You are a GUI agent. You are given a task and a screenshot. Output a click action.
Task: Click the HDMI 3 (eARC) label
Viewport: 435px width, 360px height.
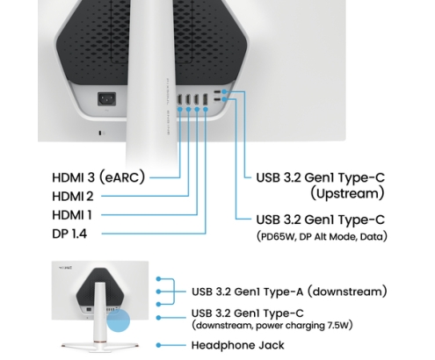coord(98,177)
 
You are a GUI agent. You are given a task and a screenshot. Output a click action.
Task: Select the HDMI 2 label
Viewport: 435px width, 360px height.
coord(73,196)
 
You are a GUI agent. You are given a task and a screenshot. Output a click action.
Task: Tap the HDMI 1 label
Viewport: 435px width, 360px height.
coord(72,215)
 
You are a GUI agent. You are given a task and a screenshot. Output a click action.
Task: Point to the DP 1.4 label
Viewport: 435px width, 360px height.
coord(69,234)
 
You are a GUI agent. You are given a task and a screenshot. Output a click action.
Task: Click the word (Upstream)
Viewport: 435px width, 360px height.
coord(347,193)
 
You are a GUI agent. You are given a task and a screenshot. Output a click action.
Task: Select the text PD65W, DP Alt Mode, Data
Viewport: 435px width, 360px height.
coord(322,236)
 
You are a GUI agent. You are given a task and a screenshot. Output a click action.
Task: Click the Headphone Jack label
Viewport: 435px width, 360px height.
coord(237,345)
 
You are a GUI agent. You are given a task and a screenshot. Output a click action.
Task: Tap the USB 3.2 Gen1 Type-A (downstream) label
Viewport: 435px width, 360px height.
coord(289,292)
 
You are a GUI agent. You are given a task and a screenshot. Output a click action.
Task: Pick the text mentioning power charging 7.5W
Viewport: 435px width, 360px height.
coord(272,326)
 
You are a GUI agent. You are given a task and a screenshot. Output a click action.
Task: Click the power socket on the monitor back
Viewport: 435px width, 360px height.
coord(106,99)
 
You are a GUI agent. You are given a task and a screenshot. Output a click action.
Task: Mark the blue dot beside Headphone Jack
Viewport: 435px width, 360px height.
coord(158,345)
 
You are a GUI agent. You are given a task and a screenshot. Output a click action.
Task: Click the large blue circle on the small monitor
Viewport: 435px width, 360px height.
coord(118,320)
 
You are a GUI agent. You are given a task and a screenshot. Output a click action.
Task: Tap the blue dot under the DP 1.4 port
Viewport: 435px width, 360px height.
coord(206,109)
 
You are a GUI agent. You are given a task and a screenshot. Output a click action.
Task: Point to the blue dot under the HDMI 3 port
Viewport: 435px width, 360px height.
coord(180,109)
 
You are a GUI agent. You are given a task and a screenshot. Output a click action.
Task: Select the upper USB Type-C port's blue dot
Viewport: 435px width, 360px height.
coord(224,91)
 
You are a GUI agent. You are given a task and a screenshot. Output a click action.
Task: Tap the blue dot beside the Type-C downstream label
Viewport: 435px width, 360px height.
coord(158,318)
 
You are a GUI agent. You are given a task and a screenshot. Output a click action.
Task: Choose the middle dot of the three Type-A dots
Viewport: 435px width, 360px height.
coord(158,292)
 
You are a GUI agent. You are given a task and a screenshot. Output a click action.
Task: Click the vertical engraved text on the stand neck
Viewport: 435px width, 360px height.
coord(168,106)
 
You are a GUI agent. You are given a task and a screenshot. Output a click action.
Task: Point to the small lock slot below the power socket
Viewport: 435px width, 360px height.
coord(101,133)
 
